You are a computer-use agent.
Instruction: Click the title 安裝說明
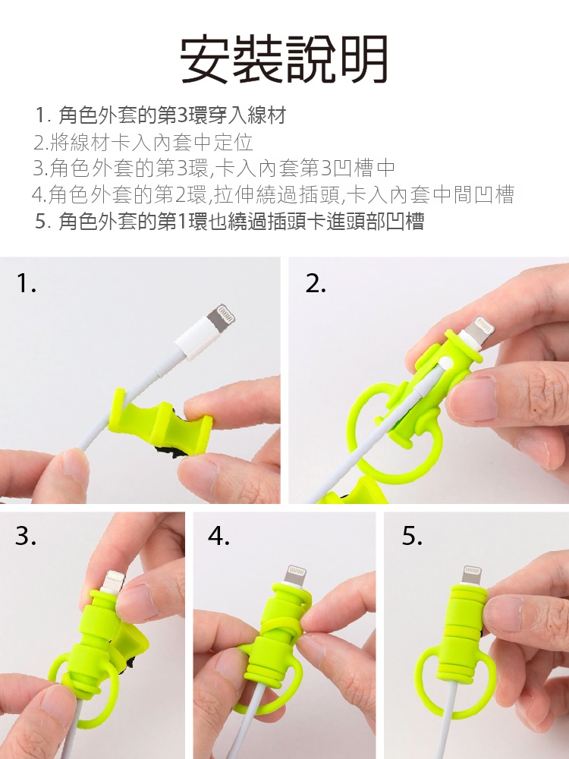tap(284, 59)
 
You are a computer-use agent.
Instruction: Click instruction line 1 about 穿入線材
tap(161, 115)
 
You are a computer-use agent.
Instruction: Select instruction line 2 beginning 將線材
tap(143, 143)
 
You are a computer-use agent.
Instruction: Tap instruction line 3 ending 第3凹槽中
tap(214, 168)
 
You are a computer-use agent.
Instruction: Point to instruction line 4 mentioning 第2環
tap(272, 194)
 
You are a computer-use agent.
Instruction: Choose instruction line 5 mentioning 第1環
tap(230, 221)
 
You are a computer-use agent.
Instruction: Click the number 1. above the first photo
tap(26, 283)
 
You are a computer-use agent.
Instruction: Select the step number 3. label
tap(26, 535)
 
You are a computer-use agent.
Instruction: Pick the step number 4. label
tap(218, 535)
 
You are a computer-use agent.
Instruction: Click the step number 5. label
tap(412, 535)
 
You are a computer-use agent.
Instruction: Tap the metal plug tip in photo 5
tap(472, 575)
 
